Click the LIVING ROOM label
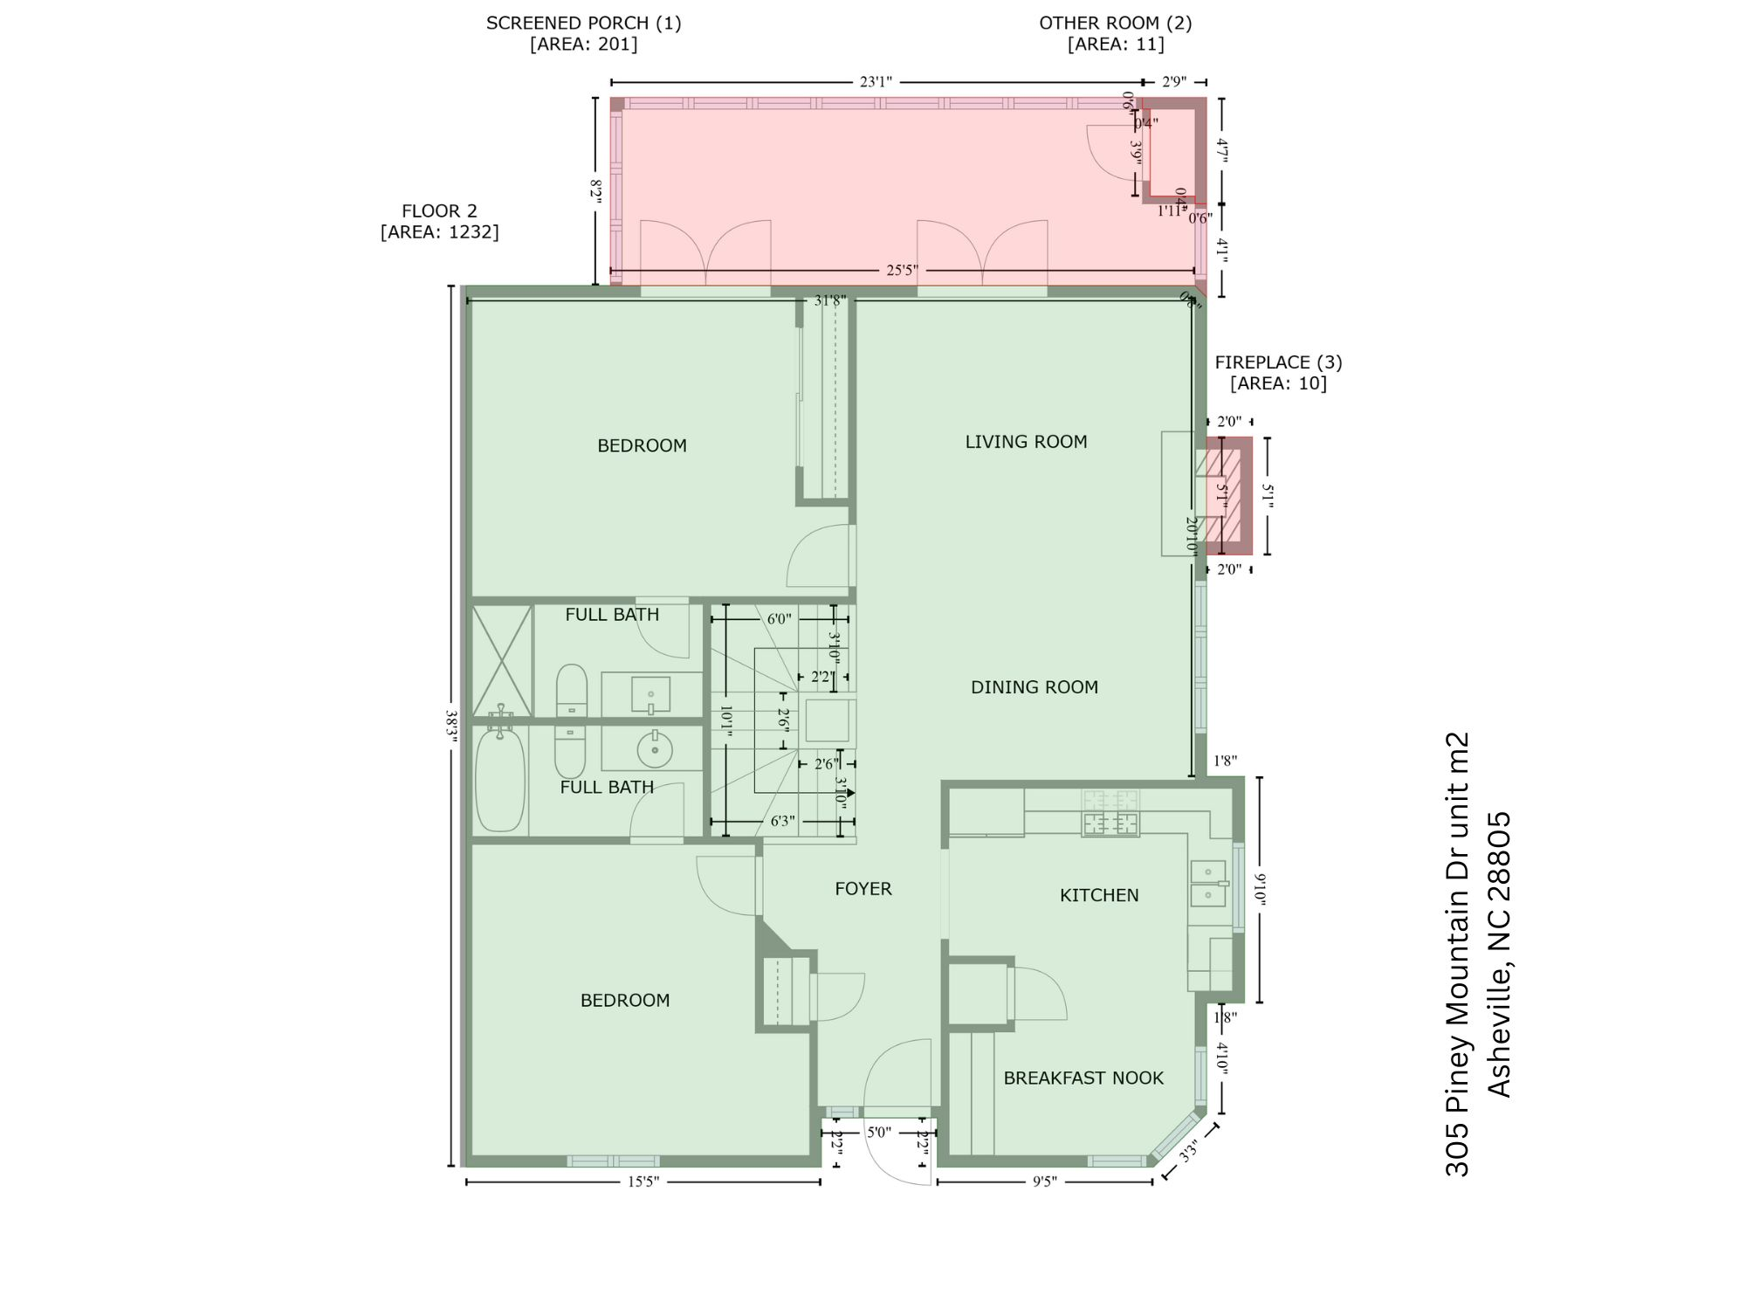pyautogui.click(x=1026, y=442)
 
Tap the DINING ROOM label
pyautogui.click(x=1034, y=687)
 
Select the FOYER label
pyautogui.click(x=863, y=889)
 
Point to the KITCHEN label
pyautogui.click(x=1098, y=895)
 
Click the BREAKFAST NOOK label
pyautogui.click(x=1083, y=1078)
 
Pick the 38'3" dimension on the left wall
pyautogui.click(x=451, y=725)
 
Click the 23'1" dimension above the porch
pyautogui.click(x=876, y=82)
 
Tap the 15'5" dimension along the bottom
pyautogui.click(x=643, y=1182)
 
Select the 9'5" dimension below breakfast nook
pyautogui.click(x=1044, y=1182)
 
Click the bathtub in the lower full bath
pyautogui.click(x=500, y=780)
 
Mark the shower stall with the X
pyautogui.click(x=502, y=661)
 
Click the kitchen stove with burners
pyautogui.click(x=1110, y=813)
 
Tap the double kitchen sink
pyautogui.click(x=1208, y=883)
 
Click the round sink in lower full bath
pyautogui.click(x=655, y=749)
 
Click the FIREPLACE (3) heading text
pyautogui.click(x=1278, y=362)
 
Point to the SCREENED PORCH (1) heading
pyautogui.click(x=583, y=24)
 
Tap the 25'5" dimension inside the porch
pyautogui.click(x=902, y=271)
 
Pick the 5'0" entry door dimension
pyautogui.click(x=878, y=1133)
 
